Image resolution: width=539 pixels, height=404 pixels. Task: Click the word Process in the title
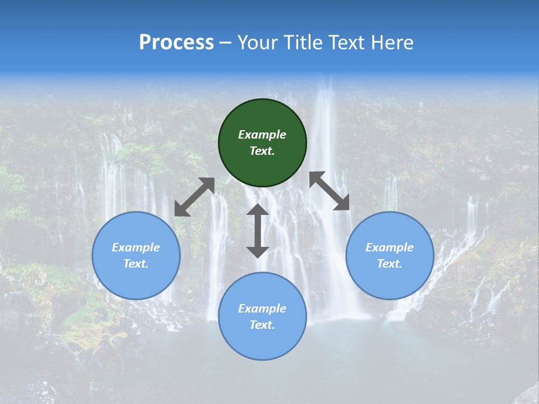pyautogui.click(x=176, y=43)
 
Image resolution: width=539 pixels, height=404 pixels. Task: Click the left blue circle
pyautogui.click(x=136, y=281)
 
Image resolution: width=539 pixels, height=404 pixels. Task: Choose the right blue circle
pyautogui.click(x=390, y=281)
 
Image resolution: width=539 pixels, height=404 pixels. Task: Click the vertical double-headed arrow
pyautogui.click(x=258, y=231)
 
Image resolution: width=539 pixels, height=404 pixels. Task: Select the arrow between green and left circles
pyautogui.click(x=194, y=197)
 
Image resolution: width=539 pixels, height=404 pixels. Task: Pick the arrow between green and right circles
pyautogui.click(x=329, y=191)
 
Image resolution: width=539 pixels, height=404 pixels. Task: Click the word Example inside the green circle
pyautogui.click(x=262, y=135)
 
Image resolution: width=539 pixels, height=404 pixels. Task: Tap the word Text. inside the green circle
pyautogui.click(x=262, y=151)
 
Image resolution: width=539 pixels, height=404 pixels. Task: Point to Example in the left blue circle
pyautogui.click(x=136, y=247)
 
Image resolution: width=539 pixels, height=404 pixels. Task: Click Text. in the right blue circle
pyautogui.click(x=390, y=264)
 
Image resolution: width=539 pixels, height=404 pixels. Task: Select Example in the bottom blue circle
pyautogui.click(x=262, y=309)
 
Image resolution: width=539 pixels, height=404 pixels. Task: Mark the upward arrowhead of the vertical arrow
pyautogui.click(x=258, y=210)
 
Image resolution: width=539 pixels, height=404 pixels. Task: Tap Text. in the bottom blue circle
pyautogui.click(x=262, y=325)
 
